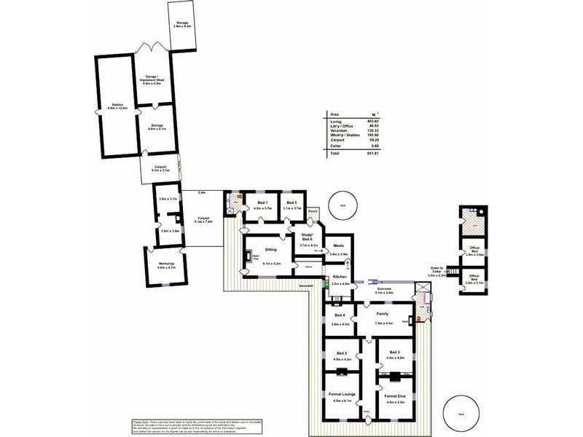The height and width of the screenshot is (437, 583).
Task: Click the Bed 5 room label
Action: click(291, 203)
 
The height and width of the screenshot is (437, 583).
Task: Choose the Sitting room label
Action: click(269, 248)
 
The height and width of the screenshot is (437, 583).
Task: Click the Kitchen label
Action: click(340, 277)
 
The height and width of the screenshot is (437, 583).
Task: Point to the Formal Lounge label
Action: click(341, 394)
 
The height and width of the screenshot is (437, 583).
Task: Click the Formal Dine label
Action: click(394, 394)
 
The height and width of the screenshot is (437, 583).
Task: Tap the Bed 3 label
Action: click(394, 351)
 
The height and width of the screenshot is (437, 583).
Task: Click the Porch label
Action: click(313, 212)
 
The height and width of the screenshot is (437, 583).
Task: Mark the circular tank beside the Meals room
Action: click(342, 205)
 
